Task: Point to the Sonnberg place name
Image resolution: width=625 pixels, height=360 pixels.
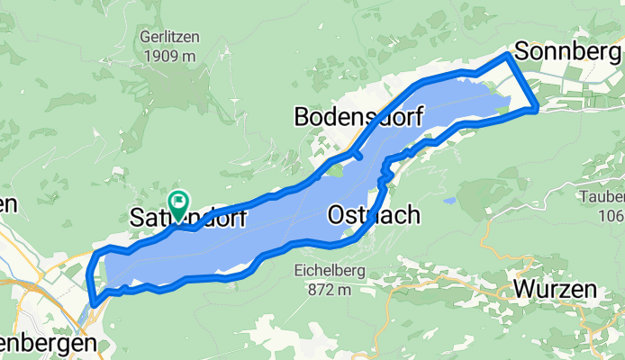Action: click(569, 50)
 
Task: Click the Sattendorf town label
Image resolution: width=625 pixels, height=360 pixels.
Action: click(188, 217)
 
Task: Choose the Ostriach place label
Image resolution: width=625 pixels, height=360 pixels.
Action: click(374, 215)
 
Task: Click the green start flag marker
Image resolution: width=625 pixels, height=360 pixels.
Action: click(178, 202)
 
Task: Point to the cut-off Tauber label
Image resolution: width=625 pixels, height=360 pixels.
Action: click(603, 197)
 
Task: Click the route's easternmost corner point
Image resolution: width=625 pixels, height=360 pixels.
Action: click(538, 109)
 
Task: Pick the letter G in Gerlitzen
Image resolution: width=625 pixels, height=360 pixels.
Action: click(145, 38)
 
